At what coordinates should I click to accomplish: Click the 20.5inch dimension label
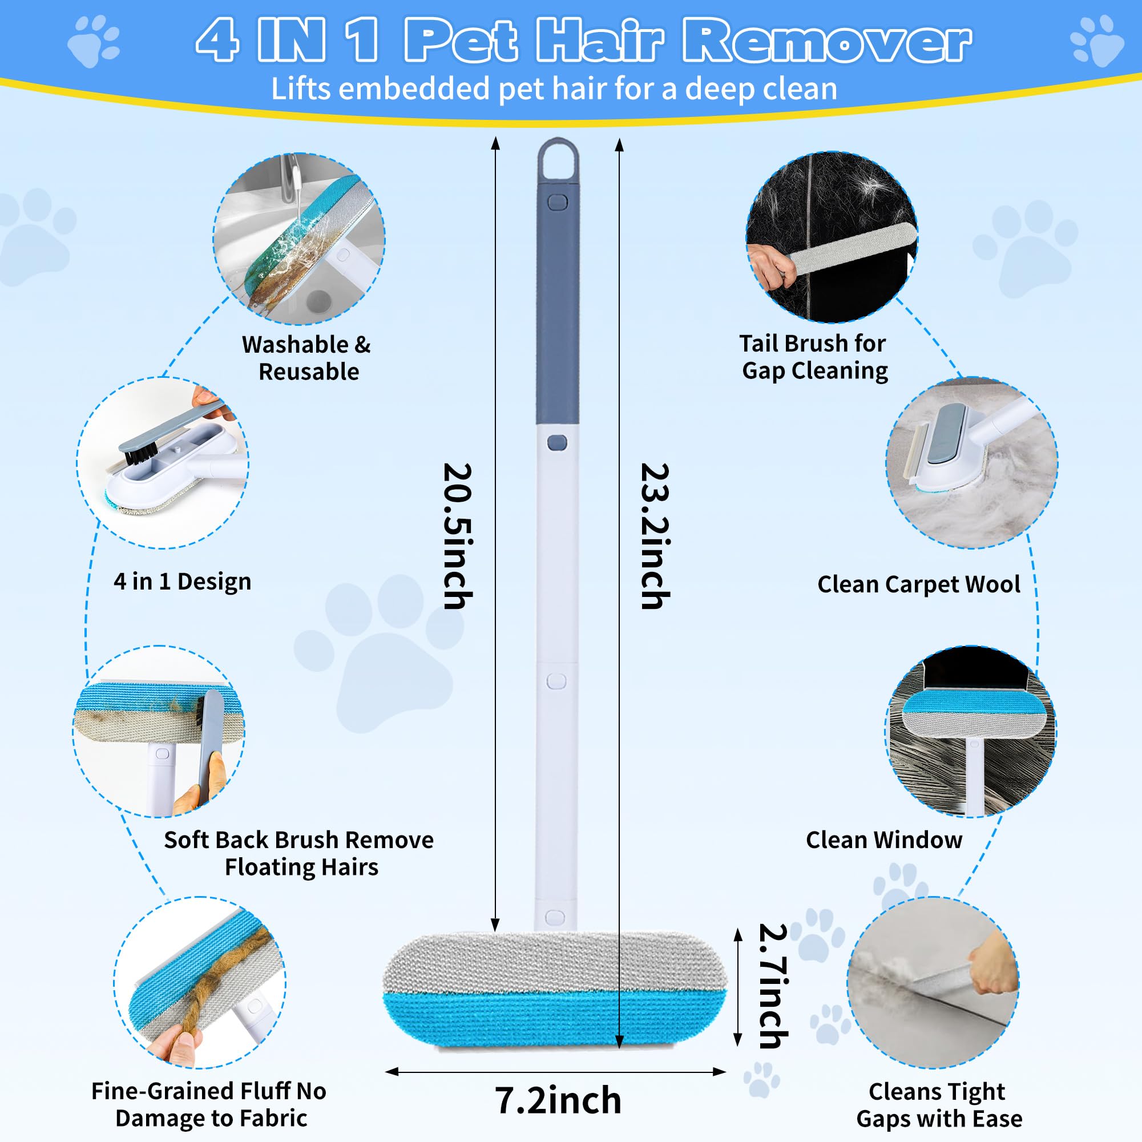pyautogui.click(x=458, y=535)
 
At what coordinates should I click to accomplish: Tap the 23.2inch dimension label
pyautogui.click(x=656, y=535)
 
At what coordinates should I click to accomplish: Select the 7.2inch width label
pyautogui.click(x=558, y=1100)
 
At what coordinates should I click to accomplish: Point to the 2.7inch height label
pyautogui.click(x=773, y=986)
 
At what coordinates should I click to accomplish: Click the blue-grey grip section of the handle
pyautogui.click(x=558, y=308)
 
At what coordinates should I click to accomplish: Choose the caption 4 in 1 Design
pyautogui.click(x=182, y=582)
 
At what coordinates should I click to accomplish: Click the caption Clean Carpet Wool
pyautogui.click(x=919, y=584)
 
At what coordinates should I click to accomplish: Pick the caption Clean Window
pyautogui.click(x=883, y=840)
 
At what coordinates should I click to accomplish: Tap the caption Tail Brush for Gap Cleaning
pyautogui.click(x=813, y=357)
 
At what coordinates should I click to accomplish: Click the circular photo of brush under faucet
pyautogui.click(x=299, y=239)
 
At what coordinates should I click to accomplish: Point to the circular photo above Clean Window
pyautogui.click(x=971, y=731)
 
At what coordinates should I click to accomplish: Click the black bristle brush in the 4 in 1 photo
pyautogui.click(x=139, y=453)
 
